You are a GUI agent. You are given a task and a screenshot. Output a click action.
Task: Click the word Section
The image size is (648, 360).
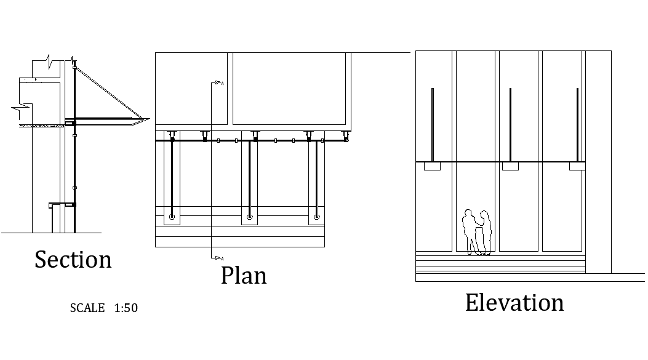coord(73,260)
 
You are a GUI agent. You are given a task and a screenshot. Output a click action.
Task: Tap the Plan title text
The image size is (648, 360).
coord(244,275)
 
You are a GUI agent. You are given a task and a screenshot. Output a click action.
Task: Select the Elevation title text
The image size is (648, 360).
coord(514,303)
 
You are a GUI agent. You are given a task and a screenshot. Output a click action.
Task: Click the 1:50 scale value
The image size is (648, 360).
coord(126,308)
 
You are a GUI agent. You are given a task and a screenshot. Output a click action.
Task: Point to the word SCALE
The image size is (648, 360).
coord(87,308)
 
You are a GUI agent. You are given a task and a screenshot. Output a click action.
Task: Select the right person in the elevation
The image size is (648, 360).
coord(486,232)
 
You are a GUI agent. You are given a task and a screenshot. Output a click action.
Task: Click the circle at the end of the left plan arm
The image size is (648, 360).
coord(172,217)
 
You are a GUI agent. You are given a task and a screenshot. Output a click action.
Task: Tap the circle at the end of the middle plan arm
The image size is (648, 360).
coord(249,217)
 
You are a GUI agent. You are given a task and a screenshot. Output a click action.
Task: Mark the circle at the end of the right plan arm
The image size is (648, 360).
coord(316,217)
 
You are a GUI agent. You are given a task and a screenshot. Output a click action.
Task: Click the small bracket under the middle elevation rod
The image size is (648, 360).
coord(510,166)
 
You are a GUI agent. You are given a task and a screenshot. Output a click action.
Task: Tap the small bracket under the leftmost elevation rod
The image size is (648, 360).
coord(432,166)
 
